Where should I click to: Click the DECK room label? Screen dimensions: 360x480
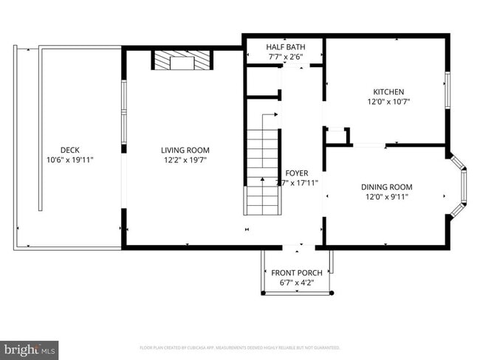70,150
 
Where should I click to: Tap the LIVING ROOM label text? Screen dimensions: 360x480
185,150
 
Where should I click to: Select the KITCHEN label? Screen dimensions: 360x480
388,91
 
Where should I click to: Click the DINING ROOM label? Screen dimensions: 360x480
386,187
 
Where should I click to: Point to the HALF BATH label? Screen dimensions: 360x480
284,46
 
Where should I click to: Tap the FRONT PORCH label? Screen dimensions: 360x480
296,273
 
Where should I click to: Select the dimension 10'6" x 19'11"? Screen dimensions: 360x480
70,159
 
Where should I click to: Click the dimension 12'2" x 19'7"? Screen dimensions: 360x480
185,159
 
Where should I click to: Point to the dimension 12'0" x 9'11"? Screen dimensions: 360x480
386,197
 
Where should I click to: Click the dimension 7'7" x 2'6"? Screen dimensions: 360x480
284,57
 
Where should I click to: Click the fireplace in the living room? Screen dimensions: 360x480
182,60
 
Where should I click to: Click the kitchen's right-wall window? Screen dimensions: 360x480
446,91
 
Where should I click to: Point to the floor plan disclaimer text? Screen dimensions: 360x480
240,347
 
